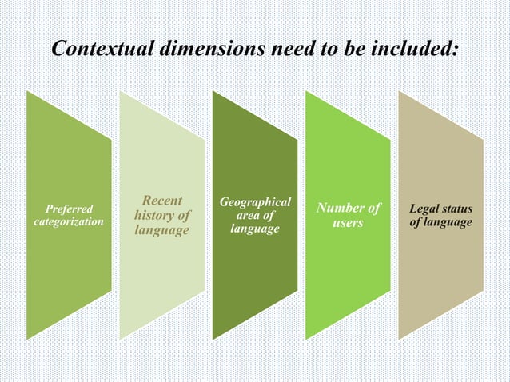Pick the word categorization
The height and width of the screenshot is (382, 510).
coord(68,221)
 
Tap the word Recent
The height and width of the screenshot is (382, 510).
coord(163,201)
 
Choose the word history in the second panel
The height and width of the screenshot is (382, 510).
coord(155,216)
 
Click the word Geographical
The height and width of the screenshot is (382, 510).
coord(254,202)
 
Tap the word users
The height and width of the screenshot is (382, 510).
coord(348,223)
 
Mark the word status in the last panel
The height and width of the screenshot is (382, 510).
coord(455,209)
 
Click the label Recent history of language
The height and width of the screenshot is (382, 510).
coord(162,216)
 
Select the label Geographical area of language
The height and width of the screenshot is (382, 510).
coord(254,216)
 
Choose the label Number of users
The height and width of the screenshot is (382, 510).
coord(348,216)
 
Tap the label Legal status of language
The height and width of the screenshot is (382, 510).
coord(440,215)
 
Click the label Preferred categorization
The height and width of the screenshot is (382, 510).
coord(68,215)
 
